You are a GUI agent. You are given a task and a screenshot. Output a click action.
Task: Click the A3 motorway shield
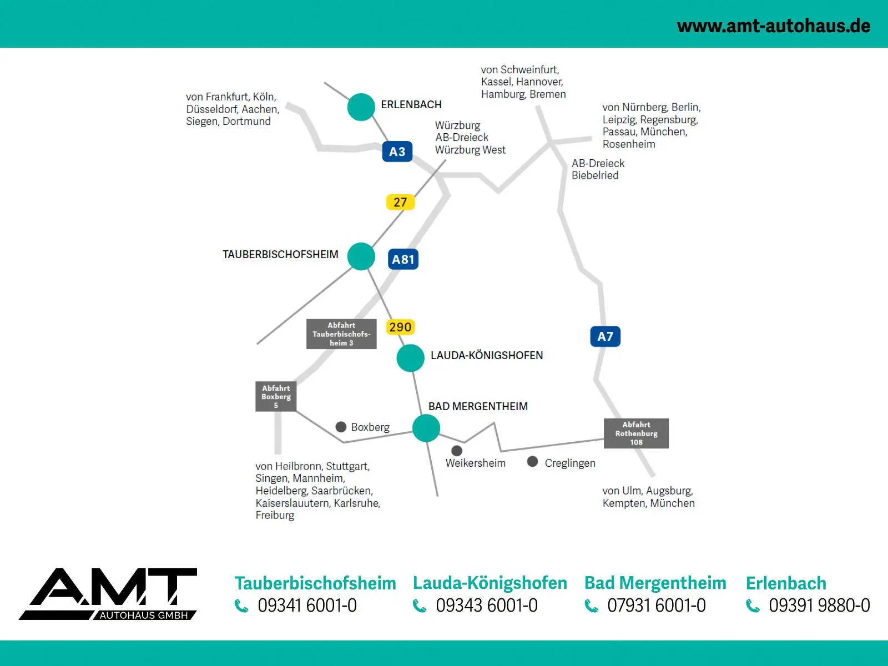[x=397, y=152]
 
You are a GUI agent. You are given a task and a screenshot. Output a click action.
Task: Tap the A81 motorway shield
[x=403, y=259]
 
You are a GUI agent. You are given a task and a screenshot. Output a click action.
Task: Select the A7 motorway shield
[x=605, y=336]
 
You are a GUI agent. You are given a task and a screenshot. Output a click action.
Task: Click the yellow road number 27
[x=400, y=202]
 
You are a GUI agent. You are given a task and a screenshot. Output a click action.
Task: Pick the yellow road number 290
[x=400, y=327]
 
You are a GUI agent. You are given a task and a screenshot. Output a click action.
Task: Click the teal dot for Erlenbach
[x=361, y=107]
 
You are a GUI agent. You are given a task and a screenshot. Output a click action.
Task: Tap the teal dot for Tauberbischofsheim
[x=361, y=256]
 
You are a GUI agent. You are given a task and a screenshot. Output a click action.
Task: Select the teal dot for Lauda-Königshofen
[x=411, y=358]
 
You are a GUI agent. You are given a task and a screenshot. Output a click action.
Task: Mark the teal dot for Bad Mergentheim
[x=426, y=428]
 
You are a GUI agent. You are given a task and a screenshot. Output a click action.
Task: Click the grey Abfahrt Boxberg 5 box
[x=276, y=396]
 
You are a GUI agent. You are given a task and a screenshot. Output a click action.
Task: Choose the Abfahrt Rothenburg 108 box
[x=636, y=433]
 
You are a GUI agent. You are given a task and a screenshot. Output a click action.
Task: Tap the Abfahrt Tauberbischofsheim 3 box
[x=341, y=334]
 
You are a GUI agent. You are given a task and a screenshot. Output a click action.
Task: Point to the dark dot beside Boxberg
[x=341, y=427]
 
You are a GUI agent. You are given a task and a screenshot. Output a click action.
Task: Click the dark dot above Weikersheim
[x=457, y=451]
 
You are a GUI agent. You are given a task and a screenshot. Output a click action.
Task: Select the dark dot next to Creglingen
[x=532, y=461]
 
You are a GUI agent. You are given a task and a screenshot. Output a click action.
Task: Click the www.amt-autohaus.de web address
[x=774, y=26]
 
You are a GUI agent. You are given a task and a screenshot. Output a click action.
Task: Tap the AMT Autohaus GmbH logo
[x=109, y=594]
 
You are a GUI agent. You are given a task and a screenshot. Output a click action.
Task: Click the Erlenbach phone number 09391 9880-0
[x=819, y=606]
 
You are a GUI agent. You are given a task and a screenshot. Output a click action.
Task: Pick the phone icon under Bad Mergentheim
[x=592, y=606]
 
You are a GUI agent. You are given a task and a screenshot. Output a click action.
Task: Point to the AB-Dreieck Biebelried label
[x=598, y=169]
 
